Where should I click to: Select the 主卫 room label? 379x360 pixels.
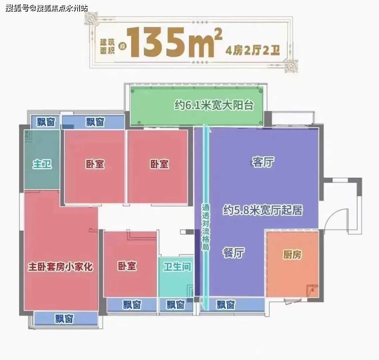(x=42, y=164)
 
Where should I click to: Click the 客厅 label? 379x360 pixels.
(x=263, y=162)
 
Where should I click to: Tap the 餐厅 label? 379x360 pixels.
(x=233, y=253)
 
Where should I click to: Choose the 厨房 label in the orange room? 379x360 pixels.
(x=292, y=255)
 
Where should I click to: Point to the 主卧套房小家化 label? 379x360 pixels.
(x=60, y=267)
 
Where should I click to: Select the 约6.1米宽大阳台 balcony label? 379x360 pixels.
(x=214, y=105)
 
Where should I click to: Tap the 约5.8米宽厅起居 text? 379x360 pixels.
(x=262, y=210)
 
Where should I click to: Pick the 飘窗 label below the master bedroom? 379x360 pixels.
(x=64, y=319)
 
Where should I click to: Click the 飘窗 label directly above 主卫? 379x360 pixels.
(x=46, y=122)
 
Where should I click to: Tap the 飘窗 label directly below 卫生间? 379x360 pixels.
(x=175, y=305)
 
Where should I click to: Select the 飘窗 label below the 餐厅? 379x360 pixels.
(x=225, y=305)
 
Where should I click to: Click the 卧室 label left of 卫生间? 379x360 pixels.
(x=127, y=266)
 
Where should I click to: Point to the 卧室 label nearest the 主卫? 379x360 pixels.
(x=95, y=164)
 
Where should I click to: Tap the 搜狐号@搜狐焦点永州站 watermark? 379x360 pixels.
(x=47, y=8)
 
